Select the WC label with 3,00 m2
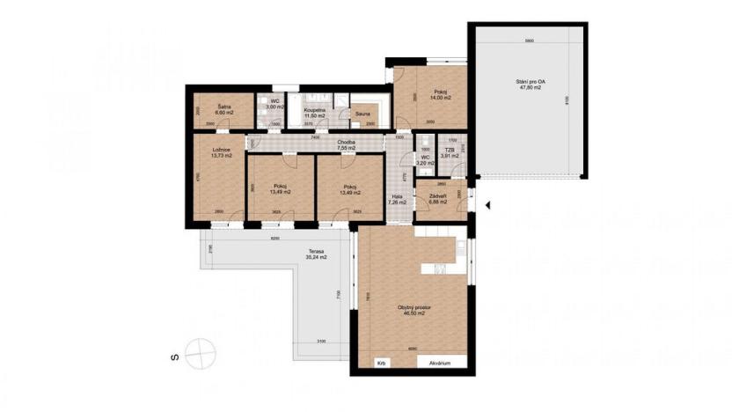tap(276, 103)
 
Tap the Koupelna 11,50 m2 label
tap(316, 113)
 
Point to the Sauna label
tap(362, 114)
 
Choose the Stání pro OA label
tap(529, 85)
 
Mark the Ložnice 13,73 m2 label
tap(221, 152)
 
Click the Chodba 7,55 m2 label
tap(345, 145)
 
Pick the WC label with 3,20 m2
tap(424, 161)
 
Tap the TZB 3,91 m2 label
tap(450, 152)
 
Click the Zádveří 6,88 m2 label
tap(438, 199)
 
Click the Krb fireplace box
tap(381, 363)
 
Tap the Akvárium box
tap(440, 363)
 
